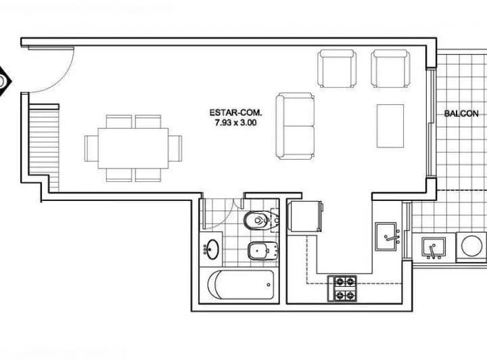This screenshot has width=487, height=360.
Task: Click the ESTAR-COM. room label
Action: click(x=236, y=112)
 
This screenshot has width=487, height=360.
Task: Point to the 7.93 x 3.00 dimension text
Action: click(x=236, y=122)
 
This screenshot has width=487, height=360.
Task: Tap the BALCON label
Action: click(x=461, y=114)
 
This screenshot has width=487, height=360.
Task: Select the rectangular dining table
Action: click(x=133, y=148)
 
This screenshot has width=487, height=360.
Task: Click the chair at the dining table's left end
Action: click(x=91, y=148)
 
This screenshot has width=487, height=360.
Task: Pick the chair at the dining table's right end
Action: click(x=175, y=148)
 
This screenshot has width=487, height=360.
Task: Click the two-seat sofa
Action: click(x=295, y=126)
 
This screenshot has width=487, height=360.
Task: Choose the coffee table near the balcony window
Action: click(x=390, y=126)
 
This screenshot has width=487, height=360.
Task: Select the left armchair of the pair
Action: click(x=337, y=68)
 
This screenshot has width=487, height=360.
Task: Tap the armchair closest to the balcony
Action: click(x=390, y=68)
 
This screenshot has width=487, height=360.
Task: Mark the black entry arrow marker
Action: click(x=5, y=81)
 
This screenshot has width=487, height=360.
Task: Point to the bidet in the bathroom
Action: click(x=262, y=250)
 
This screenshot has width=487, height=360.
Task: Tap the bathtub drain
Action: click(x=269, y=284)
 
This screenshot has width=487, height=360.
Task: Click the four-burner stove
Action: click(x=342, y=288)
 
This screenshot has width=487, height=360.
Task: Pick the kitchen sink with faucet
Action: click(x=387, y=236)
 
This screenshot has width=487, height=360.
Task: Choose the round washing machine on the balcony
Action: click(x=471, y=246)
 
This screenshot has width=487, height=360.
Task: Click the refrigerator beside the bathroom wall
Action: click(x=305, y=216)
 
